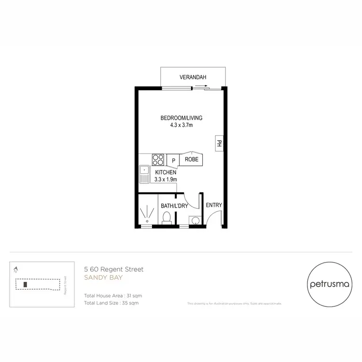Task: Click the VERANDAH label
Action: click(193, 77)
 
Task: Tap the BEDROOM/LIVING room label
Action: click(181, 118)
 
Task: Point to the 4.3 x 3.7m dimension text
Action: click(181, 125)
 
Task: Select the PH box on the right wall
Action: click(219, 143)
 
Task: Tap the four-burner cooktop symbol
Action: click(158, 159)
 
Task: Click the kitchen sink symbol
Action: click(144, 174)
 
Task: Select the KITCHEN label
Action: click(166, 172)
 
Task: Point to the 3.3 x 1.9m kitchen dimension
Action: click(166, 180)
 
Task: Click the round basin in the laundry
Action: click(195, 221)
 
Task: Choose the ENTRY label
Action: click(214, 205)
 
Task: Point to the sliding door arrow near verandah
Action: click(202, 86)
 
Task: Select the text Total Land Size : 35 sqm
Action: click(111, 303)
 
